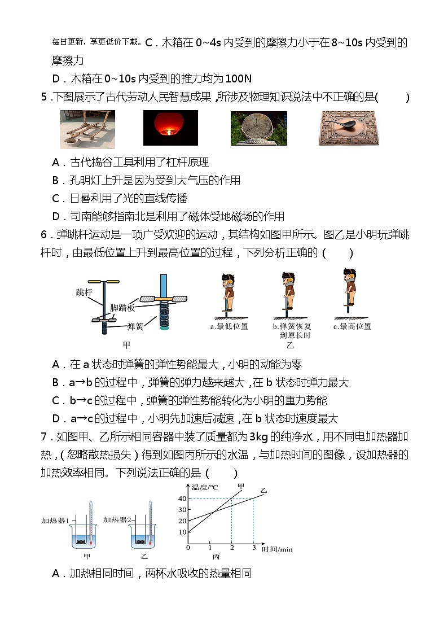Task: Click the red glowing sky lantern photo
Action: pyautogui.click(x=170, y=128)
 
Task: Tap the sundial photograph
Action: pyautogui.click(x=258, y=128)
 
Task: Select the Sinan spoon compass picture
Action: pyautogui.click(x=346, y=128)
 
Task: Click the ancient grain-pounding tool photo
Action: pyautogui.click(x=87, y=128)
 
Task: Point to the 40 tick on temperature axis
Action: pyautogui.click(x=182, y=498)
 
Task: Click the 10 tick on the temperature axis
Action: pyautogui.click(x=182, y=532)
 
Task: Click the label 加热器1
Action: pyautogui.click(x=55, y=520)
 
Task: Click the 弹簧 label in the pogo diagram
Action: pyautogui.click(x=135, y=326)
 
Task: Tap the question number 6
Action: pyautogui.click(x=45, y=235)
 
